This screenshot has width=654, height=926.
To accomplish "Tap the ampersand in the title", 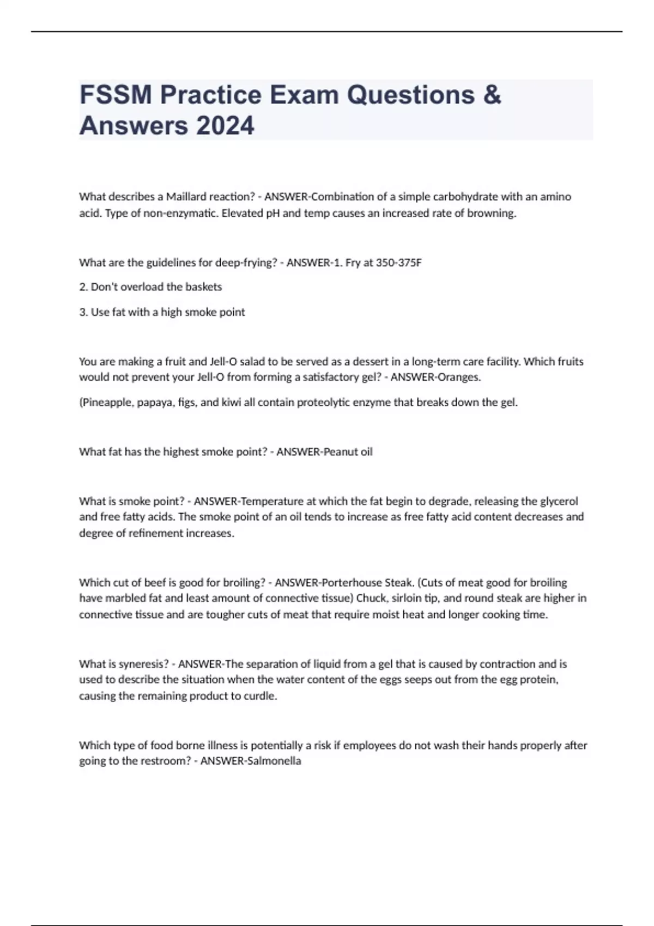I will (492, 95).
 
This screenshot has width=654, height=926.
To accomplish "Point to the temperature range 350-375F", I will (399, 263).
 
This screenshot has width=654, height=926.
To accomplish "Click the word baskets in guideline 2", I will (203, 287).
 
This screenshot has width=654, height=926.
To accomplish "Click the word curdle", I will (261, 696).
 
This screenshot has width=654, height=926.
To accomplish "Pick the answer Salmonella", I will (274, 761).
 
